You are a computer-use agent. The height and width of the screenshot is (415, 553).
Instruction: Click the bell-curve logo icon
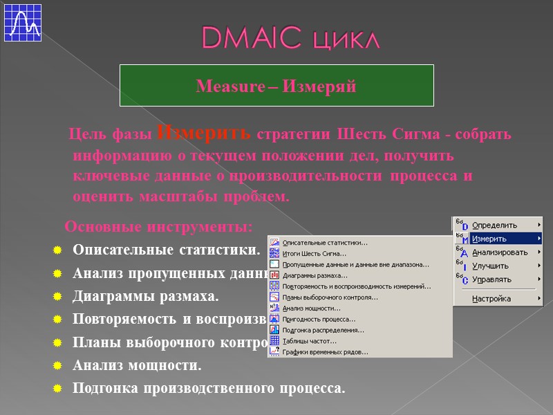22,22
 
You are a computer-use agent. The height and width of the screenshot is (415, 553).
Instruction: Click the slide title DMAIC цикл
290,39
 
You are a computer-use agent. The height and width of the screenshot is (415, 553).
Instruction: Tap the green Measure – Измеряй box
276,86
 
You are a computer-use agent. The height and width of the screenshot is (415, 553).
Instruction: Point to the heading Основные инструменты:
158,227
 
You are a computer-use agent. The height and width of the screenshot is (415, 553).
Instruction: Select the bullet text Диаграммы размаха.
145,297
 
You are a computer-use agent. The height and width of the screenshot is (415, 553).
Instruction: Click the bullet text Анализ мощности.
137,364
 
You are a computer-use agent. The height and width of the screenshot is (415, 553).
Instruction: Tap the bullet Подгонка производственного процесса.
208,388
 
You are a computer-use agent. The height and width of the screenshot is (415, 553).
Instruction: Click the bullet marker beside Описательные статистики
58,250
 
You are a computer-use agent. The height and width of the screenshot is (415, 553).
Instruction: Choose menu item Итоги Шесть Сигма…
315,253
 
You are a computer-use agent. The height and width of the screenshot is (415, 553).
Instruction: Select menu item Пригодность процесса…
319,319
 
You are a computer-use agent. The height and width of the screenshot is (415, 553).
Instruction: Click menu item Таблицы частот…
310,341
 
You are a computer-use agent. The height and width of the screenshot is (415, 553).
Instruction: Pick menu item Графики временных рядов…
325,352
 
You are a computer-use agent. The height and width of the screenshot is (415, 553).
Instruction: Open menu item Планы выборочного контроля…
330,297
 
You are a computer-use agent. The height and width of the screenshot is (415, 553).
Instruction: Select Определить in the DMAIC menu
494,225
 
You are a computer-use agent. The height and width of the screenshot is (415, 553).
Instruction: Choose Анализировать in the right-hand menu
500,252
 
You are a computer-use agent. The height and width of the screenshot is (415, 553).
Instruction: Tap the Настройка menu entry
491,299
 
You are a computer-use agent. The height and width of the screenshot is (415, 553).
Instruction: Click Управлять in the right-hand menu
491,279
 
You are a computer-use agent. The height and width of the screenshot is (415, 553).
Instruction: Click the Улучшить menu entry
490,266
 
